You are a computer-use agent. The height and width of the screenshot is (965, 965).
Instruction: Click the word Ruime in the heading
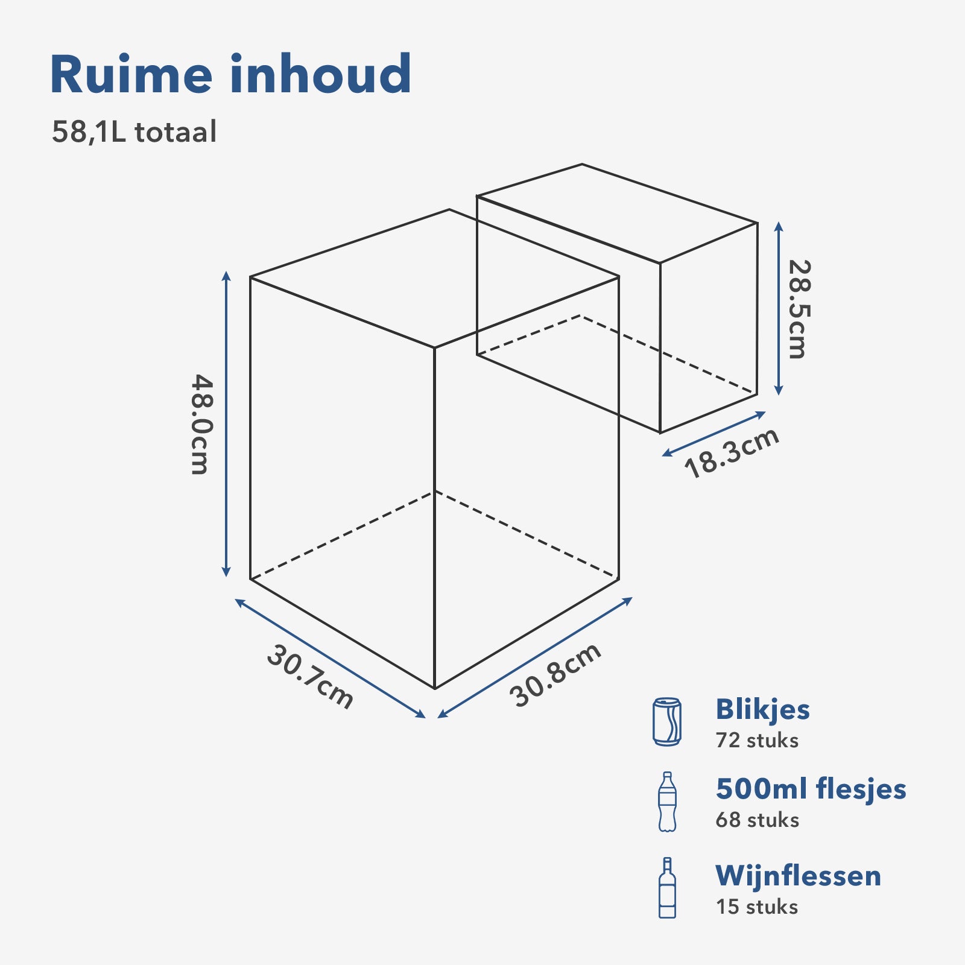[131, 75]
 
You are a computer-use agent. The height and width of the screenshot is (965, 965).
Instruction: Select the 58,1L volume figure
[89, 132]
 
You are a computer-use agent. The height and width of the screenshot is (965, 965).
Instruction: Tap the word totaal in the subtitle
[176, 132]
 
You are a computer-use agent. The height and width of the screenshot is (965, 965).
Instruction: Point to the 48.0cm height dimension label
[200, 425]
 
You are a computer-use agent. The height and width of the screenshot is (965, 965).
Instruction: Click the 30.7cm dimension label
[310, 677]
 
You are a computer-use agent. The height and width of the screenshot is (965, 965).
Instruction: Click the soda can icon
[667, 722]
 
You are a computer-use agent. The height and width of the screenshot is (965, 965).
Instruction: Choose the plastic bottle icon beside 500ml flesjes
[667, 802]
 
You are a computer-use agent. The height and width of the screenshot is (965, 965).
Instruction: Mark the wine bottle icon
[667, 888]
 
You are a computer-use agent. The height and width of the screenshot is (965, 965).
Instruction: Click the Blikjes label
[762, 709]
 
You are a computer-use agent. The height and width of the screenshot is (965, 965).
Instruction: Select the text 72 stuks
[757, 741]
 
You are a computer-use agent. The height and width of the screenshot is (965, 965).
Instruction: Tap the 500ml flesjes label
[811, 789]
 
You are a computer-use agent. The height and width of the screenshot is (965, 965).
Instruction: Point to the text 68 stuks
[757, 820]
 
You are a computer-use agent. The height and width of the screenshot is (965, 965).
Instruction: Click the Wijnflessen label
[798, 876]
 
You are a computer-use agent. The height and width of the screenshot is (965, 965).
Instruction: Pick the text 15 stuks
[756, 907]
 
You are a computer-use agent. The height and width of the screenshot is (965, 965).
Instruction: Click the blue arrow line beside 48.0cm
[226, 425]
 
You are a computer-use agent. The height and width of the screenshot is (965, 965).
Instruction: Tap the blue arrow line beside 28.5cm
[779, 309]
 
